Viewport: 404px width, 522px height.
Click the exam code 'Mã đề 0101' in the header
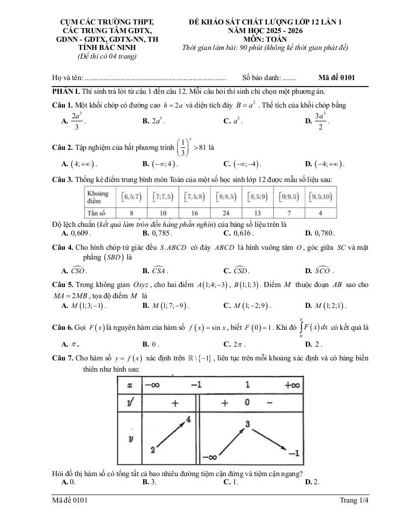pos(336,78)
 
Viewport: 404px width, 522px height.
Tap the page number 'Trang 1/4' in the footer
pos(354,501)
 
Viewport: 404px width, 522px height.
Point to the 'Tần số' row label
pos(96,213)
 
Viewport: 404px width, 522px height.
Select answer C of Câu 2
pos(242,164)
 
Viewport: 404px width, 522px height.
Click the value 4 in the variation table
pos(188,420)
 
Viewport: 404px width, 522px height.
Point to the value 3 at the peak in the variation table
pos(247,424)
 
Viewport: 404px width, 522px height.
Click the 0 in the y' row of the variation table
pos(247,403)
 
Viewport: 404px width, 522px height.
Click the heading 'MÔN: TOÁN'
pos(265,39)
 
